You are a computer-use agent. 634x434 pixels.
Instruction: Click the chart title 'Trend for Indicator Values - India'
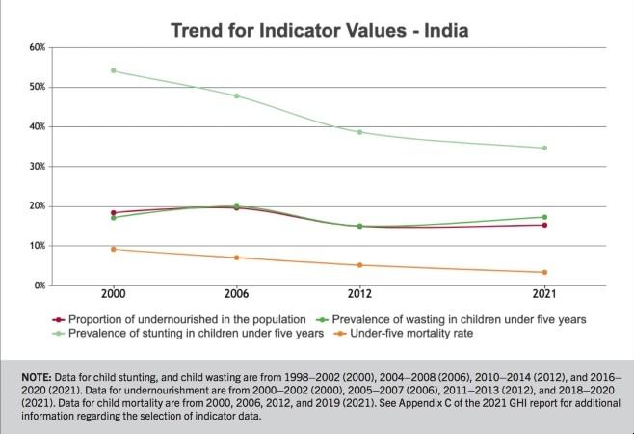pos(319,30)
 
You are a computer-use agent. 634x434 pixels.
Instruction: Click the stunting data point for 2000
pos(114,70)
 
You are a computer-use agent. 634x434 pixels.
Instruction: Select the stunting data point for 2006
pos(237,95)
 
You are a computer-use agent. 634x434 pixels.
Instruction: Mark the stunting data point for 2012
pos(360,132)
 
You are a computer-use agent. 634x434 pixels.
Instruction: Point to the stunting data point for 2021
pos(544,148)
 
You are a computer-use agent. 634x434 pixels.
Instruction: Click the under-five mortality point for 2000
pos(114,249)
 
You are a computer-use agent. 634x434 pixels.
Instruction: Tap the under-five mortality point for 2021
pos(544,272)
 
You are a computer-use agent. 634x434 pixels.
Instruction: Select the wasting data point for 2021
pos(544,217)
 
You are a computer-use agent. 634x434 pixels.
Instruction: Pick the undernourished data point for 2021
pos(544,225)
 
